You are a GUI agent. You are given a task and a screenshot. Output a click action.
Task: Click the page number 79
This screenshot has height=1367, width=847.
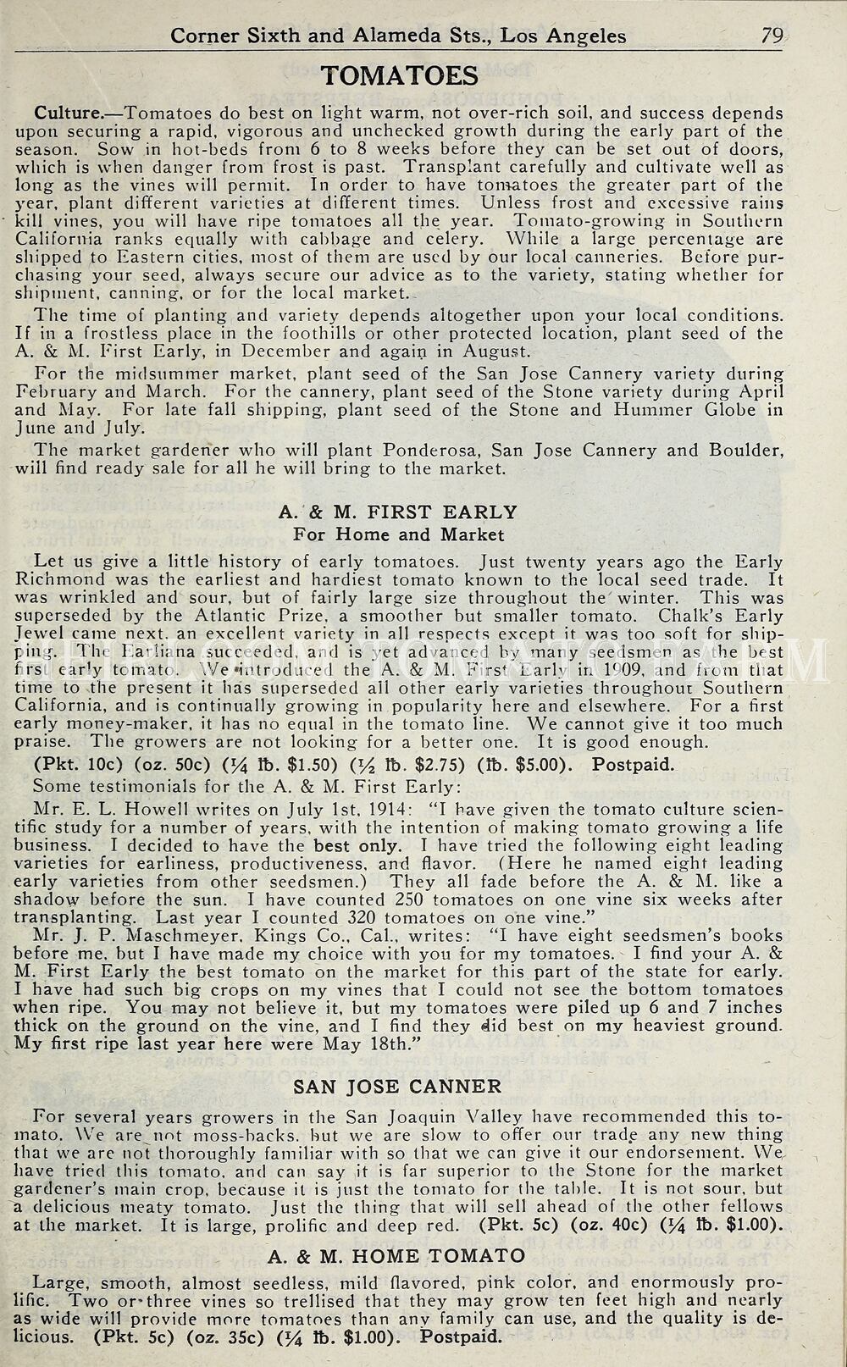(772, 35)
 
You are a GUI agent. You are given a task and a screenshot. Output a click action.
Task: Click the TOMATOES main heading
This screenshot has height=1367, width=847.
(400, 76)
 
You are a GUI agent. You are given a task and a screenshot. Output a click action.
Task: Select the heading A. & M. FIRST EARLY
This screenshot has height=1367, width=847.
(397, 512)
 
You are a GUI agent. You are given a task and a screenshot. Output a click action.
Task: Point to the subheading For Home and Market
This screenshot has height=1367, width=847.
(398, 534)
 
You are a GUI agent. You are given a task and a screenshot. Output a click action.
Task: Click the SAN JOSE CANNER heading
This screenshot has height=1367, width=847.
(397, 1086)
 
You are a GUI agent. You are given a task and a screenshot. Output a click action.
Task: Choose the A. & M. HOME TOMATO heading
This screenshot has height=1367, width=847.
(396, 1255)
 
